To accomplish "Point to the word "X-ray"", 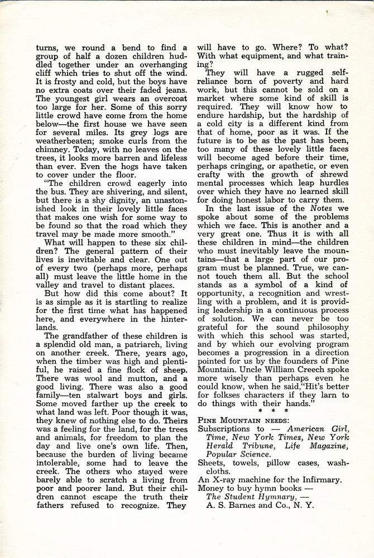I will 225,479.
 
